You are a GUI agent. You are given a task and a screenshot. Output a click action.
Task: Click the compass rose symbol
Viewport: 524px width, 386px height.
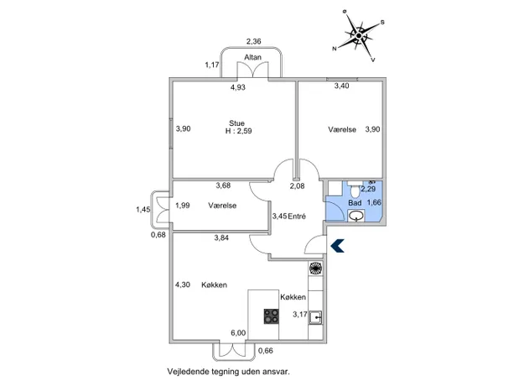359,36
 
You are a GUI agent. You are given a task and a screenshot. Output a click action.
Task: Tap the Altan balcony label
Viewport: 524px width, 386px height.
252,57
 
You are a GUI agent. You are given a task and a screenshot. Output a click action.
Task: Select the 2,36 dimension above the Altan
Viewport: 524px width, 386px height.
254,41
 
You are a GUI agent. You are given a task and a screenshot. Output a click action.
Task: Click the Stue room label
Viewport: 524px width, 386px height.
236,123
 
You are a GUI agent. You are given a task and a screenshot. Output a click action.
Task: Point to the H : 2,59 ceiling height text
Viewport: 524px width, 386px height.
239,131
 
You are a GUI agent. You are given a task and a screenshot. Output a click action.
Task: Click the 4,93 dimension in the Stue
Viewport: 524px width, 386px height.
238,87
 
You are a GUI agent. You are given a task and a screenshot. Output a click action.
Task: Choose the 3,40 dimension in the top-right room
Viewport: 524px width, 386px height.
342,86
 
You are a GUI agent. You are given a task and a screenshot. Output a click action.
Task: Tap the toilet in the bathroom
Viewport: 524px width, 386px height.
355,190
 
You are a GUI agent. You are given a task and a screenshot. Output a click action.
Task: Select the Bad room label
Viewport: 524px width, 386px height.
355,203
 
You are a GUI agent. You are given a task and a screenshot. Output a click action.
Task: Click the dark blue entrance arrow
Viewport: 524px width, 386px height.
337,246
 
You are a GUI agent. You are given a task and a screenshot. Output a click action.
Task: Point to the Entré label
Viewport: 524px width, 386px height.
297,216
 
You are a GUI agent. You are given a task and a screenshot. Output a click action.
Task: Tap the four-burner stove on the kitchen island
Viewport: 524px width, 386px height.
272,316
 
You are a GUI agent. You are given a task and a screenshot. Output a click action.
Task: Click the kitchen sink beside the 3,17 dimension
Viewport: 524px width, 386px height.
315,317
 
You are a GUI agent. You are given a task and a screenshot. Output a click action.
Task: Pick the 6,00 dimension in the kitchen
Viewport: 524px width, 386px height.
238,333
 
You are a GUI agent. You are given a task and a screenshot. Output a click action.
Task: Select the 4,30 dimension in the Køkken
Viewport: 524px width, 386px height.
183,284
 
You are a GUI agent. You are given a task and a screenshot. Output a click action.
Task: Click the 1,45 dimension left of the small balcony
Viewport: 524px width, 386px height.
143,210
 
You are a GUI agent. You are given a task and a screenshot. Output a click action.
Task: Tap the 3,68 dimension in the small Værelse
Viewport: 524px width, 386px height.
223,185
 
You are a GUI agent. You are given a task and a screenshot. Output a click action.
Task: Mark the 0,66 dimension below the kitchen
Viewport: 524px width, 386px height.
266,351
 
